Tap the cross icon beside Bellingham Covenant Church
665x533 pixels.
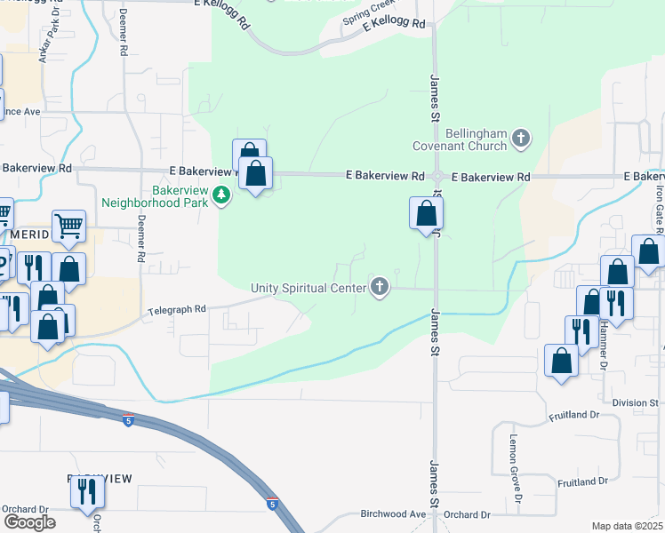point(521,138)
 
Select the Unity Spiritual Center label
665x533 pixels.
point(308,287)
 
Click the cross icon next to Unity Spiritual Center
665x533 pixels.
point(380,287)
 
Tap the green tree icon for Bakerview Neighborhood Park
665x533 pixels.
point(221,195)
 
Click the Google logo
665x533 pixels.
point(29,522)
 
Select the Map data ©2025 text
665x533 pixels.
point(627,526)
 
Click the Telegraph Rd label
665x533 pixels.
point(177,309)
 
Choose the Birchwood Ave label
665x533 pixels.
point(394,514)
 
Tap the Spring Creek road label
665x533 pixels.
point(366,18)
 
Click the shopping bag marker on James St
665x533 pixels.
point(427,215)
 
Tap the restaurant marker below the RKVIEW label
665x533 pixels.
point(87,492)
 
